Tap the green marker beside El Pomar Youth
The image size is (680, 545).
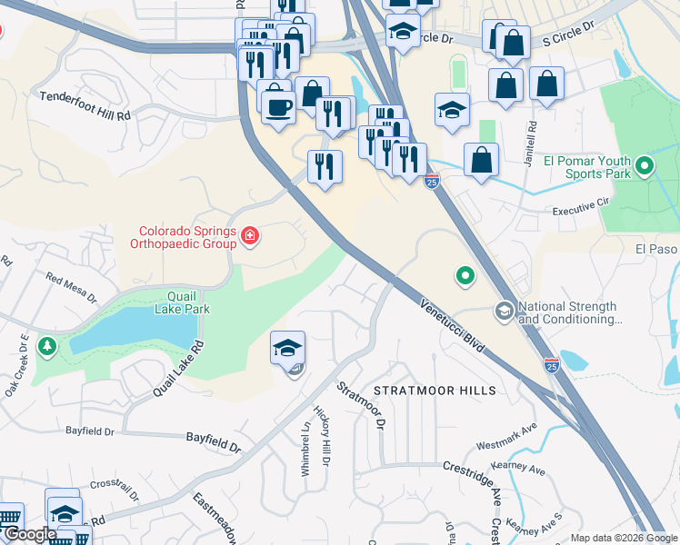tap(645, 166)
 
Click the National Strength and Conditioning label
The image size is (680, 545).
tap(567, 313)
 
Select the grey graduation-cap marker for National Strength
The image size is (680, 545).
tap(504, 312)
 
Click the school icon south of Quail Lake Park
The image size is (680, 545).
tap(287, 348)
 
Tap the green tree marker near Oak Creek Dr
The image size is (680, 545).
tap(47, 345)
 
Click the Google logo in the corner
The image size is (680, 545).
tap(30, 534)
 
